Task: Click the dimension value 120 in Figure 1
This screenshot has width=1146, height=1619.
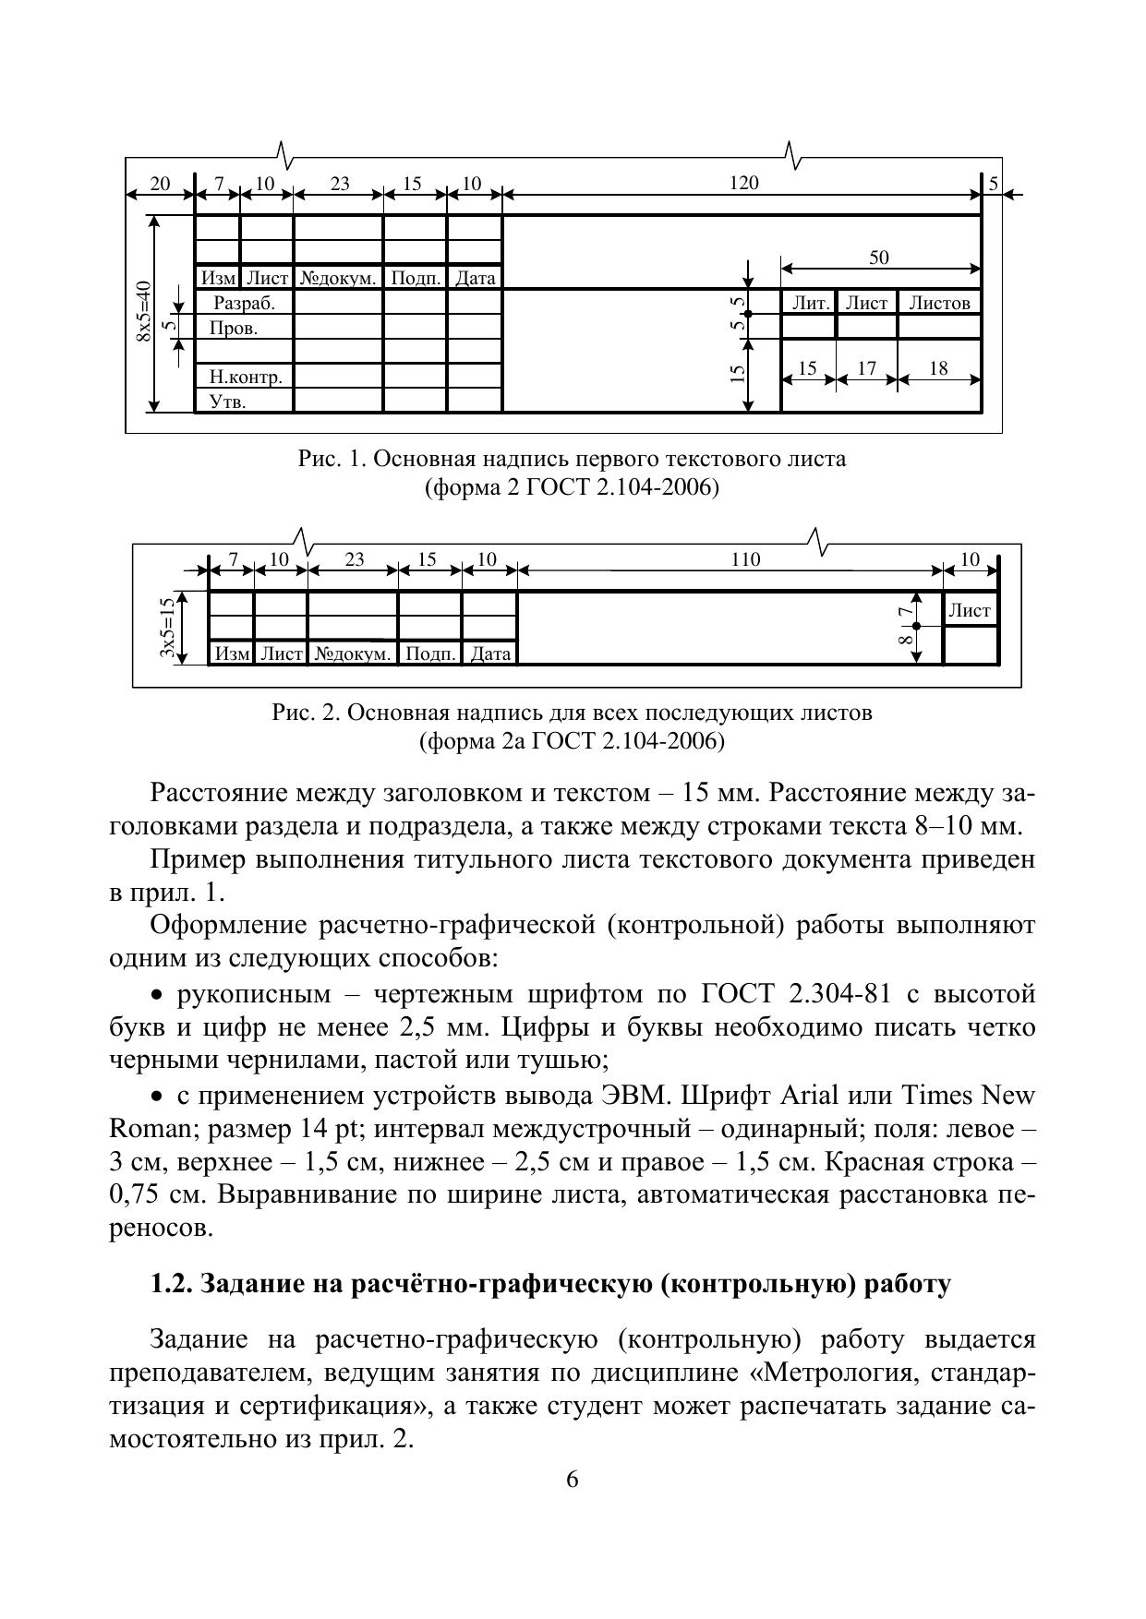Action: (743, 183)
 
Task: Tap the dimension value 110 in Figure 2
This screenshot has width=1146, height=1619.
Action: (745, 558)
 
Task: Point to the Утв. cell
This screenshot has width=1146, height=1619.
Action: (228, 402)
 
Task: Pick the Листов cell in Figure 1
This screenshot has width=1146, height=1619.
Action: (939, 303)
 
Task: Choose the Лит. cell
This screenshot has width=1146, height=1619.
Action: (810, 303)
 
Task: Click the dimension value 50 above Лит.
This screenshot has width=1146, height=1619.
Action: (879, 258)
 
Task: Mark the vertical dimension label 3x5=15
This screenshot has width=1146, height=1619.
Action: (167, 628)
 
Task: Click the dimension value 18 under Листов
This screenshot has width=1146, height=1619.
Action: (938, 368)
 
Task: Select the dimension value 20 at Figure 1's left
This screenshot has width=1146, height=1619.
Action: (160, 183)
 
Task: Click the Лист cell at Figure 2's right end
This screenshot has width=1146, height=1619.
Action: (970, 610)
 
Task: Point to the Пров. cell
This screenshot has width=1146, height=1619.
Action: (234, 328)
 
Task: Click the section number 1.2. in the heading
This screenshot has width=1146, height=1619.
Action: (172, 1284)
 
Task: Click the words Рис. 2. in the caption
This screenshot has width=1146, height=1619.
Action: (307, 713)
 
